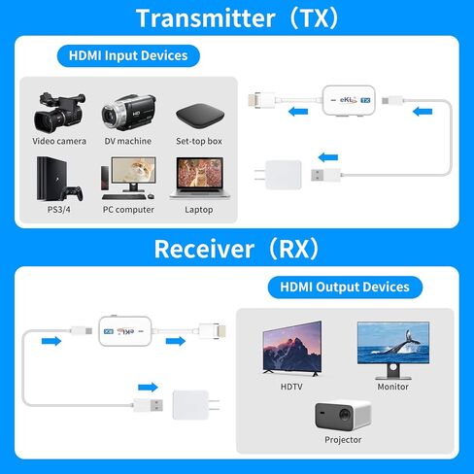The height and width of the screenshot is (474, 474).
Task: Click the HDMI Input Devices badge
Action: point(128,55)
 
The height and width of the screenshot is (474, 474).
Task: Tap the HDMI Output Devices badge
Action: point(345,287)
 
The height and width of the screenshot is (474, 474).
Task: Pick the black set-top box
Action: point(199,116)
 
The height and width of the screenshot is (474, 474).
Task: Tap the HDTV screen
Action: point(291,348)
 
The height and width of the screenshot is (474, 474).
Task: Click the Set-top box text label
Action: point(199,141)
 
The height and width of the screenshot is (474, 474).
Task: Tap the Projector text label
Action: point(344,440)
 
